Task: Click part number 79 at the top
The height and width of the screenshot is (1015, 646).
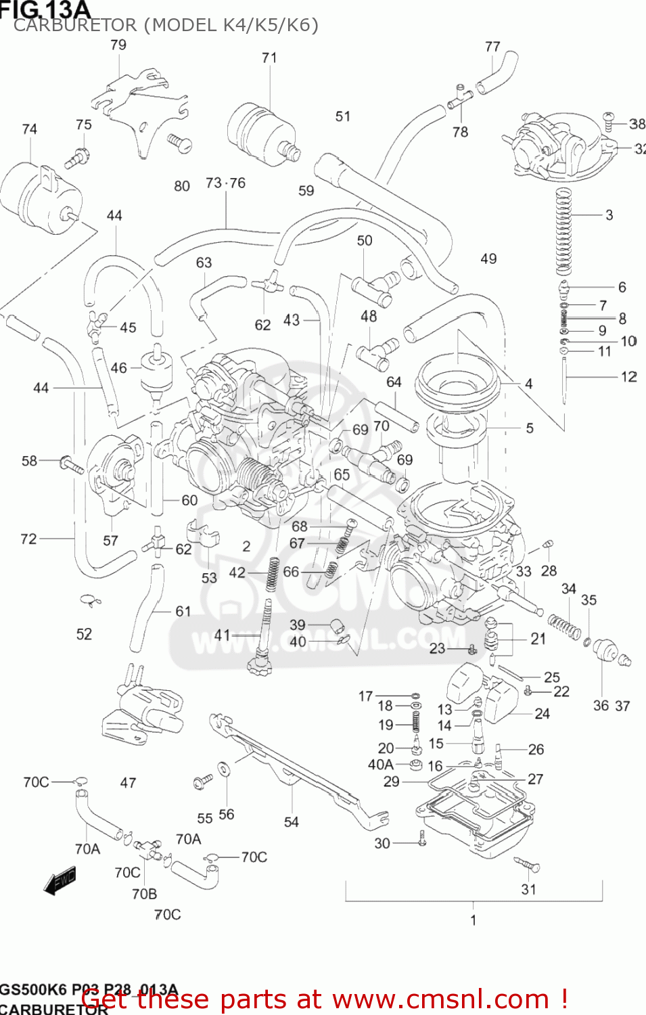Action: [118, 45]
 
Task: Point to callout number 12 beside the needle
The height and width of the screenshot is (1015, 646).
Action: [628, 377]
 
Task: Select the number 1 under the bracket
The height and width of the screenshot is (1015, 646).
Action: [474, 920]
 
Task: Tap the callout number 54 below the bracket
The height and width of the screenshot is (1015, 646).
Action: [291, 822]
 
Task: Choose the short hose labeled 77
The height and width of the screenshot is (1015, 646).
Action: [498, 72]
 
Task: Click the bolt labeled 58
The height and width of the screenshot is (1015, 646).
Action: [71, 465]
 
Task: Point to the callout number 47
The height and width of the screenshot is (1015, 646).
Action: [128, 783]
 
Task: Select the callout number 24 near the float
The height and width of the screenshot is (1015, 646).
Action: [542, 714]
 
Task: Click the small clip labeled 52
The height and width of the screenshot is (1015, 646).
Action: [89, 600]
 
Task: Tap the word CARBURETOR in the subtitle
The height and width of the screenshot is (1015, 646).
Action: [75, 26]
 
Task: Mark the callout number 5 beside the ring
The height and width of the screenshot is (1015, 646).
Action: [530, 428]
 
